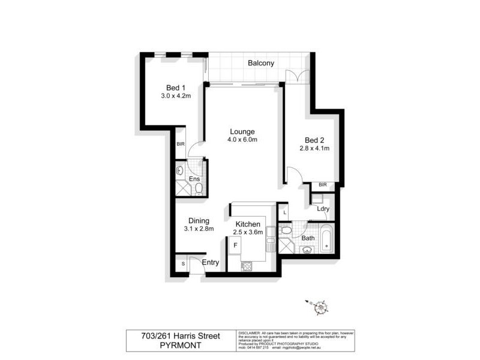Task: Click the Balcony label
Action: (261, 63)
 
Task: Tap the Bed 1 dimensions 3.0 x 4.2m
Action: (176, 96)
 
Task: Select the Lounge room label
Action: (242, 131)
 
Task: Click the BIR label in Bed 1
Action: (180, 144)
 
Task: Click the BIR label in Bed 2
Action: (323, 185)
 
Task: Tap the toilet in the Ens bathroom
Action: (199, 189)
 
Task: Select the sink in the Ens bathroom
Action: (179, 171)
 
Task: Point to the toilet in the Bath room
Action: (286, 230)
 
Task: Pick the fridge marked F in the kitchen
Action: (235, 245)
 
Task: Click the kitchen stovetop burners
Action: (247, 266)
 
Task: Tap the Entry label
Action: (210, 263)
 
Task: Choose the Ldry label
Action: (323, 209)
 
